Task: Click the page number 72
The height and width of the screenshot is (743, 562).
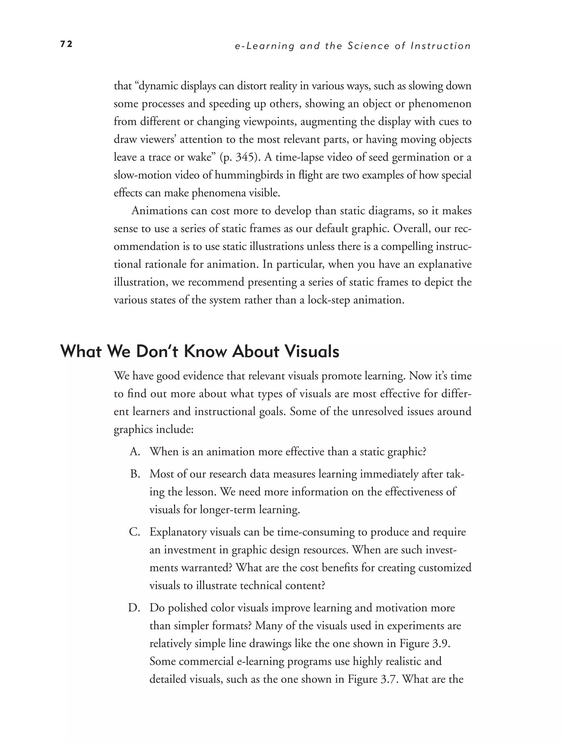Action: pyautogui.click(x=66, y=44)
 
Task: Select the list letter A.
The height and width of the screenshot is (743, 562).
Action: pyautogui.click(x=135, y=452)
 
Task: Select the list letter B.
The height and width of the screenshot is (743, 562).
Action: pyautogui.click(x=135, y=474)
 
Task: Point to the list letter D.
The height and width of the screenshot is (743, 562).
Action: pyautogui.click(x=134, y=608)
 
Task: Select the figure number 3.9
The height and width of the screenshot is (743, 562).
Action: pyautogui.click(x=440, y=644)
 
